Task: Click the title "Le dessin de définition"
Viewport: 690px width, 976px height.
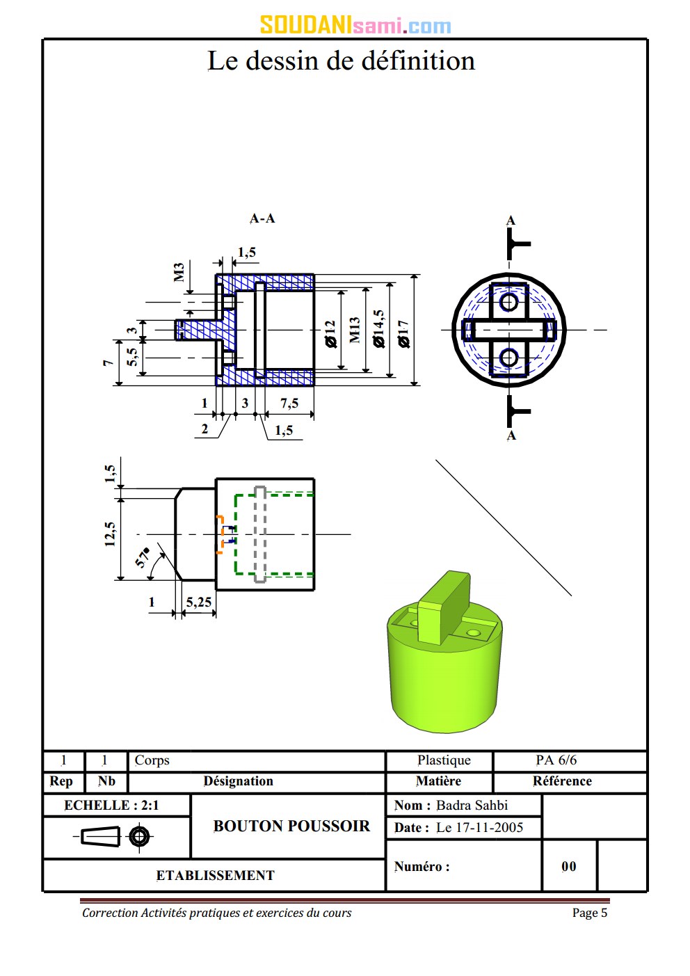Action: click(x=341, y=61)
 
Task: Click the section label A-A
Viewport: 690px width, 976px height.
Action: click(x=262, y=218)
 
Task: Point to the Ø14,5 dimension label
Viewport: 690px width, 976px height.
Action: click(x=379, y=329)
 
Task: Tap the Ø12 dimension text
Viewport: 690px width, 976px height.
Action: click(x=330, y=333)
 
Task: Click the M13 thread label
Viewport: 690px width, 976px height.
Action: click(x=355, y=330)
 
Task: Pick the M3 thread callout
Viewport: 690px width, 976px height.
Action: click(x=179, y=272)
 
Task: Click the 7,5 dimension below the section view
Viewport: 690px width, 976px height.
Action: click(x=289, y=403)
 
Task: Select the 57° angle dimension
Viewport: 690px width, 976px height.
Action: click(x=143, y=557)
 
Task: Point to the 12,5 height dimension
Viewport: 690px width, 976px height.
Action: click(x=110, y=534)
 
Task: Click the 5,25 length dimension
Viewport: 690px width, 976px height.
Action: click(x=199, y=602)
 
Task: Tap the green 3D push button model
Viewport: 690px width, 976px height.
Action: click(x=444, y=661)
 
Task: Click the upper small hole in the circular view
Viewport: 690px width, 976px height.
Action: click(x=509, y=302)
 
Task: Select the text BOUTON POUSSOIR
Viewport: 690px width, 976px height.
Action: click(x=291, y=826)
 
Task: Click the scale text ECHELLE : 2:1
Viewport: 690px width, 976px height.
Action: click(x=111, y=806)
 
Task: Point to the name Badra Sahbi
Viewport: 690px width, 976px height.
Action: click(x=472, y=806)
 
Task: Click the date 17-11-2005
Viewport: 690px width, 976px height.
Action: click(x=479, y=828)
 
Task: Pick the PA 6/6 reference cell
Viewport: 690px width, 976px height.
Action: click(x=556, y=760)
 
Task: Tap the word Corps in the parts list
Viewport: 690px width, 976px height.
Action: click(x=152, y=760)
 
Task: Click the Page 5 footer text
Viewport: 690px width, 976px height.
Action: click(x=589, y=913)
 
